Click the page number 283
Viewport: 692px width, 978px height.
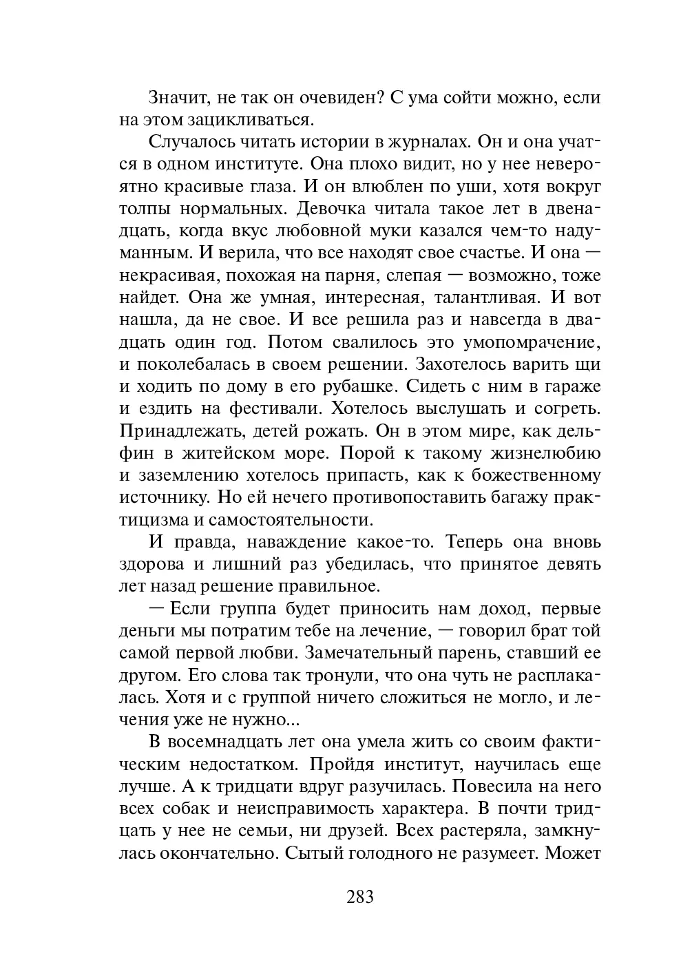359,897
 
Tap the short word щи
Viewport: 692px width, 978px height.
590,364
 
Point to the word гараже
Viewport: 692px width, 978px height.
569,386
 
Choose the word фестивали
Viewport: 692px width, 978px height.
271,408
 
